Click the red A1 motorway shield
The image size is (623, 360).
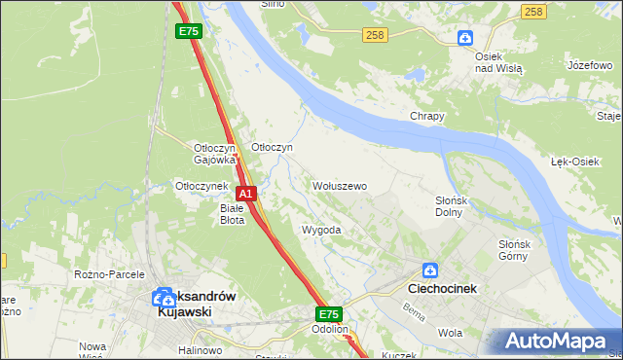pyautogui.click(x=247, y=194)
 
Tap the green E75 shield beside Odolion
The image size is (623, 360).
pyautogui.click(x=329, y=314)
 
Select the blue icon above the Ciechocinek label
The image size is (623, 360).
pyautogui.click(x=430, y=270)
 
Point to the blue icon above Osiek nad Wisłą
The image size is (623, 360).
pyautogui.click(x=466, y=39)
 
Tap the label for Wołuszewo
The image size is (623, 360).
pyautogui.click(x=339, y=185)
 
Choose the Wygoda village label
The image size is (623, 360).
pyautogui.click(x=321, y=231)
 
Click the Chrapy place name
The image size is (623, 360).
pyautogui.click(x=426, y=116)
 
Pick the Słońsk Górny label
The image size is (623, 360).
pyautogui.click(x=513, y=250)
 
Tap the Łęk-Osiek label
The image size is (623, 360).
pyautogui.click(x=574, y=161)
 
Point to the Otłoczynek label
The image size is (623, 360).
pyautogui.click(x=201, y=185)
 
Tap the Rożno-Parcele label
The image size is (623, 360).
pyautogui.click(x=109, y=274)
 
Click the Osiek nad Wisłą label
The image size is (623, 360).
pyautogui.click(x=498, y=62)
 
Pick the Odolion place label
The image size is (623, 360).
pyautogui.click(x=330, y=329)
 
